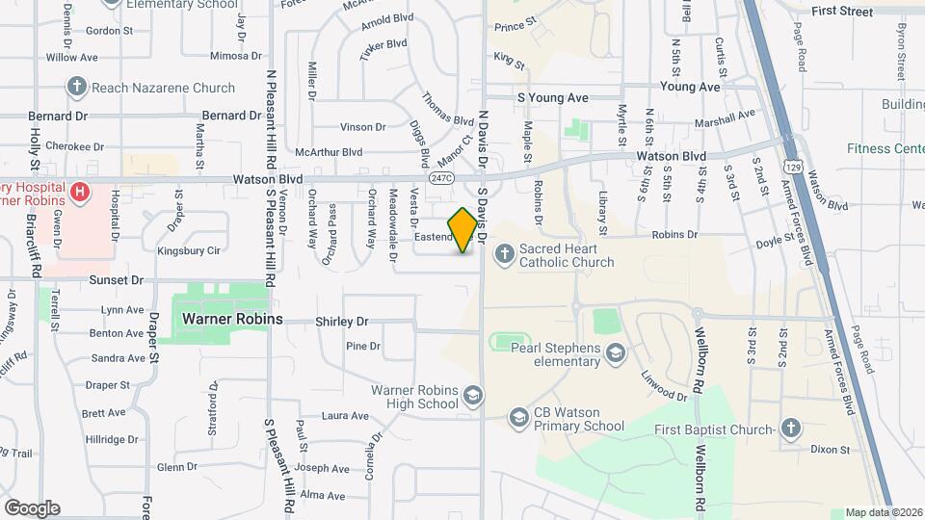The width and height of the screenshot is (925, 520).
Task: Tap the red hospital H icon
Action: click(x=80, y=192)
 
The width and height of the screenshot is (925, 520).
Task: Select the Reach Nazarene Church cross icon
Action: click(x=76, y=88)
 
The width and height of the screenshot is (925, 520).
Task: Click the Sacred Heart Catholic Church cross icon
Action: click(x=503, y=254)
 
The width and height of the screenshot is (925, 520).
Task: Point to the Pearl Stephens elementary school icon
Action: click(x=614, y=355)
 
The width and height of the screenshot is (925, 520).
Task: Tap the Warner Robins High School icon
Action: click(x=473, y=396)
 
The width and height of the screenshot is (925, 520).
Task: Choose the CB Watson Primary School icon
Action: click(x=518, y=417)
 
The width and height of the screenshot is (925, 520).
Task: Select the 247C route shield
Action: click(x=442, y=178)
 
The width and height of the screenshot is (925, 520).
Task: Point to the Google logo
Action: click(x=32, y=507)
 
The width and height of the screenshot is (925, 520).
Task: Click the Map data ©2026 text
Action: click(x=883, y=512)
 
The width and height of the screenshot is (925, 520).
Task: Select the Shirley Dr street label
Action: click(x=342, y=322)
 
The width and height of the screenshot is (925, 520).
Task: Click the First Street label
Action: click(x=841, y=12)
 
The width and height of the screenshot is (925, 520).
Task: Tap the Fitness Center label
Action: click(x=885, y=148)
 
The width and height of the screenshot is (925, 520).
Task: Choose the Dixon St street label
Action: click(x=830, y=450)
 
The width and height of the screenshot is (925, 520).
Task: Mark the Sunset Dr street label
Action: click(x=116, y=280)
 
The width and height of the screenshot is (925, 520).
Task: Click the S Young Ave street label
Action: click(x=552, y=98)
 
